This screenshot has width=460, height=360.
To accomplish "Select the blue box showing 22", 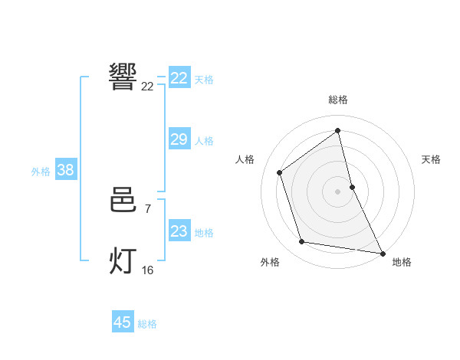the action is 179,78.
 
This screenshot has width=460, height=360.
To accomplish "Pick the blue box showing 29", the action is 179,139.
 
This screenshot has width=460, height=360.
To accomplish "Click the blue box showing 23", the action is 179,231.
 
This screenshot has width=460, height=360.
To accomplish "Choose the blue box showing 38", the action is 65,170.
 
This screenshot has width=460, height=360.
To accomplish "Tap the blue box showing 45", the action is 123,322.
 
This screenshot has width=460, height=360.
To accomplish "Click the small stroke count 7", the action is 147,208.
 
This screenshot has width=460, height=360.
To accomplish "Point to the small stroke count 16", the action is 147,270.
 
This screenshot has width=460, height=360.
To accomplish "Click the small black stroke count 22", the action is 147,86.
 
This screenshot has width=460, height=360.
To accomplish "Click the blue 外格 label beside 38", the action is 41,172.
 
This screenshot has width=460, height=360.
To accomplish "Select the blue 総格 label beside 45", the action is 147,324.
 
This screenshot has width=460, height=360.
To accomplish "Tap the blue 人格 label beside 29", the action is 204,141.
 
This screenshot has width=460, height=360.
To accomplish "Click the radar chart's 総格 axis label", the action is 337,100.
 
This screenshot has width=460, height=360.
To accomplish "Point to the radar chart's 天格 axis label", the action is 431,159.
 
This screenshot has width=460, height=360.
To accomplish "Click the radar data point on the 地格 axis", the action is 382,253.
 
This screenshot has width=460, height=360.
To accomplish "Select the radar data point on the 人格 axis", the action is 280,172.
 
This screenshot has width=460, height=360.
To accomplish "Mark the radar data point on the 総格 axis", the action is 337,130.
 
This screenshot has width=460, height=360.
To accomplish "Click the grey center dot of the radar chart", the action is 337,191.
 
